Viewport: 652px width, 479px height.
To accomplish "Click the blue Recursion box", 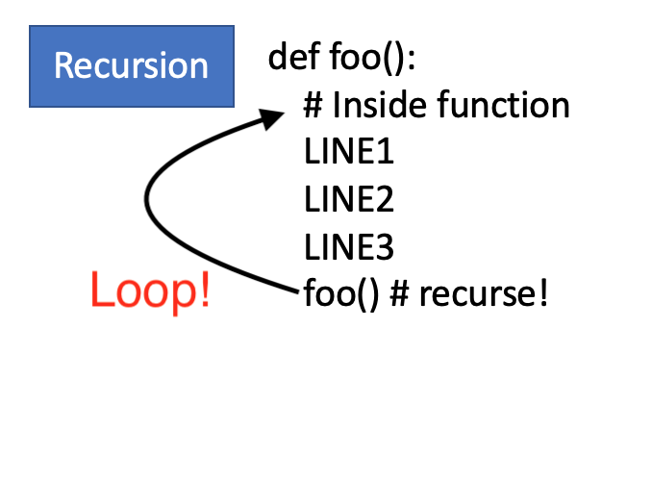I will point(131,65).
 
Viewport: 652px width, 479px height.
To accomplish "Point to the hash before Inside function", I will point(313,105).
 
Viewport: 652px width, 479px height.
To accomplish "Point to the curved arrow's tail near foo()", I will point(294,286).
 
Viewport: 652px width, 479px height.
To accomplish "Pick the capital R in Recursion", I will point(65,65).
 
